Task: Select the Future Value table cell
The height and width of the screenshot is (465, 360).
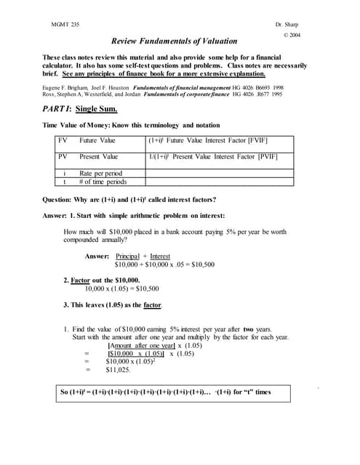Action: pos(98,140)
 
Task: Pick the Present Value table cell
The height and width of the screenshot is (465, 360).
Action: pos(99,157)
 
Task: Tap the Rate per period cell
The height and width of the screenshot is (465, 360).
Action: pos(101,174)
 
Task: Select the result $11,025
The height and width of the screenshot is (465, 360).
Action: pos(118,370)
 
